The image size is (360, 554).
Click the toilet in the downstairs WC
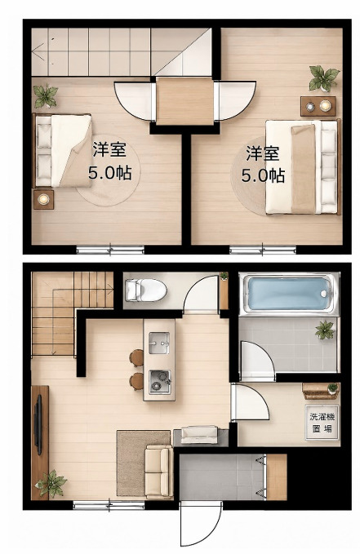(145, 290)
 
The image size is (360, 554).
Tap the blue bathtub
(288, 294)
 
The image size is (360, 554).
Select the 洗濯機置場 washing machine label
(322, 423)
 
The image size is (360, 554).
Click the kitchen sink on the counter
(159, 343)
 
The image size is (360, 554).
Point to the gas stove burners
(159, 382)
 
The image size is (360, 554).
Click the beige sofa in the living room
(159, 472)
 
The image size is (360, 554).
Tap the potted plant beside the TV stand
(51, 483)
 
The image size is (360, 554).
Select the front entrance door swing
(201, 523)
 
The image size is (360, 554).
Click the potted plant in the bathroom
(325, 330)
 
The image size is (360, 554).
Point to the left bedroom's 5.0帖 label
(110, 173)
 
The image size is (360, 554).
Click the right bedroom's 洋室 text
(263, 153)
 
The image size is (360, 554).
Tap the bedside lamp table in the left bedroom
(43, 200)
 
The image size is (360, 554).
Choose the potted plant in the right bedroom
(323, 78)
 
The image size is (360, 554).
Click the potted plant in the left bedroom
(46, 96)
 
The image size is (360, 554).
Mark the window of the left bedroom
(110, 250)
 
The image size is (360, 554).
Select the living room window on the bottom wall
(109, 505)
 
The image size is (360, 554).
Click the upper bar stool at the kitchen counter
(136, 358)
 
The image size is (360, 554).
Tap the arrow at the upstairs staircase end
(38, 52)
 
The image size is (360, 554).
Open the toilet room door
(201, 295)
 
